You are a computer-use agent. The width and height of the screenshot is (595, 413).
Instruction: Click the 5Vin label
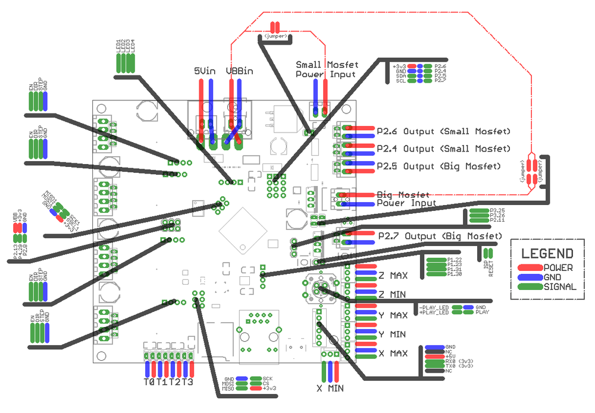(x=205, y=71)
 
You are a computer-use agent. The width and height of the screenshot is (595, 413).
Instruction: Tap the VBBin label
(x=239, y=71)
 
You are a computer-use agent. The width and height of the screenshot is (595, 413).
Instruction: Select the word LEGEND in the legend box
(x=547, y=254)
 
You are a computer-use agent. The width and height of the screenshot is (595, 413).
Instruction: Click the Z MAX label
(x=393, y=276)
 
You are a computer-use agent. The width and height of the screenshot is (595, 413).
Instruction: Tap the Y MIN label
(x=393, y=333)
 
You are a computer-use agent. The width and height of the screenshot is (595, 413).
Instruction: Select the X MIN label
(x=330, y=389)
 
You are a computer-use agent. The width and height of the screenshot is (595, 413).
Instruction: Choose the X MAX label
(x=393, y=354)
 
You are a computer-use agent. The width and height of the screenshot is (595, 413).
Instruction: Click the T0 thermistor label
(x=149, y=382)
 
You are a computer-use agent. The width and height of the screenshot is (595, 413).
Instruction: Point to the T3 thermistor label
(x=187, y=382)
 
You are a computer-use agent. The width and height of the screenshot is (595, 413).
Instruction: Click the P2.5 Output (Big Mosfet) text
(x=439, y=166)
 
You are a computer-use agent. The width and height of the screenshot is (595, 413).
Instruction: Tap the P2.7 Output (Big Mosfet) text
(x=440, y=236)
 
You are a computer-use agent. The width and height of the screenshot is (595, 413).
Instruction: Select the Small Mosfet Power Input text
(x=325, y=69)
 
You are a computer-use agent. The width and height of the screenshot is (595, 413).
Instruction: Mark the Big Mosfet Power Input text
(x=406, y=198)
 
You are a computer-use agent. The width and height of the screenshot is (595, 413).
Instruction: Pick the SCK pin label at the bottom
(x=267, y=379)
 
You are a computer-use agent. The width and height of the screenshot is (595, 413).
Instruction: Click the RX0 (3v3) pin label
(x=459, y=361)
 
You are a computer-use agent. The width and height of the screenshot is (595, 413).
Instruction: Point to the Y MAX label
(x=393, y=315)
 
